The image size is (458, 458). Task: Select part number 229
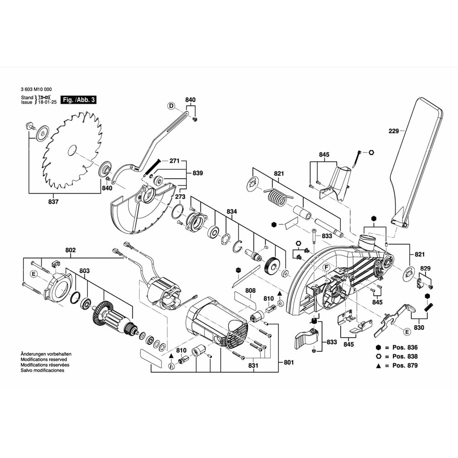(x=394, y=131)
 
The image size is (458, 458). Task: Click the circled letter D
(x=171, y=106)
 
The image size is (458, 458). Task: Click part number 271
(x=174, y=161)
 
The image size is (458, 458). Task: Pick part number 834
(x=232, y=212)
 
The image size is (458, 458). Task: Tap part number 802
(x=71, y=251)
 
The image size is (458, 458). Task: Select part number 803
(x=84, y=271)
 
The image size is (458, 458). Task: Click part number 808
(x=250, y=290)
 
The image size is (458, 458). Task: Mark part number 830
(x=419, y=327)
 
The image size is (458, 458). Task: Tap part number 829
(x=425, y=268)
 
